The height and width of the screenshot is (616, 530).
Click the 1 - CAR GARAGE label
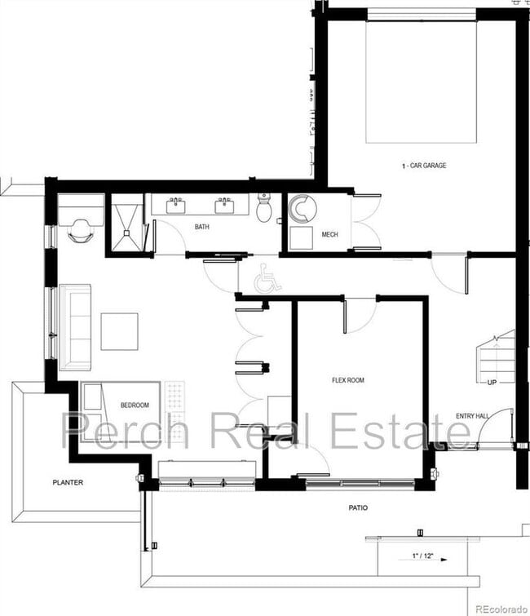coord(423,166)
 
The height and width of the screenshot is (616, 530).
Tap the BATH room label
coord(202,227)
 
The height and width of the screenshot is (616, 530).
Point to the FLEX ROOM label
coord(347,379)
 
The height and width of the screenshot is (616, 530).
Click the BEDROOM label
coord(135,405)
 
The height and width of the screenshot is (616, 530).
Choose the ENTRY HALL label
coord(473,416)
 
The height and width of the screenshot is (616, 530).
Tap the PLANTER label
coord(68,482)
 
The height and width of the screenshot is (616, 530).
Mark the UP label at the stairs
coord(492,382)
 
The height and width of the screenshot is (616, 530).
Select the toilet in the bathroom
coord(264,209)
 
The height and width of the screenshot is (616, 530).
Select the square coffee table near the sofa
coord(120,330)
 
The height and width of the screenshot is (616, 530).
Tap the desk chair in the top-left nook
coord(81,230)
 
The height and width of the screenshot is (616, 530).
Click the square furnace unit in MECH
coord(301,237)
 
